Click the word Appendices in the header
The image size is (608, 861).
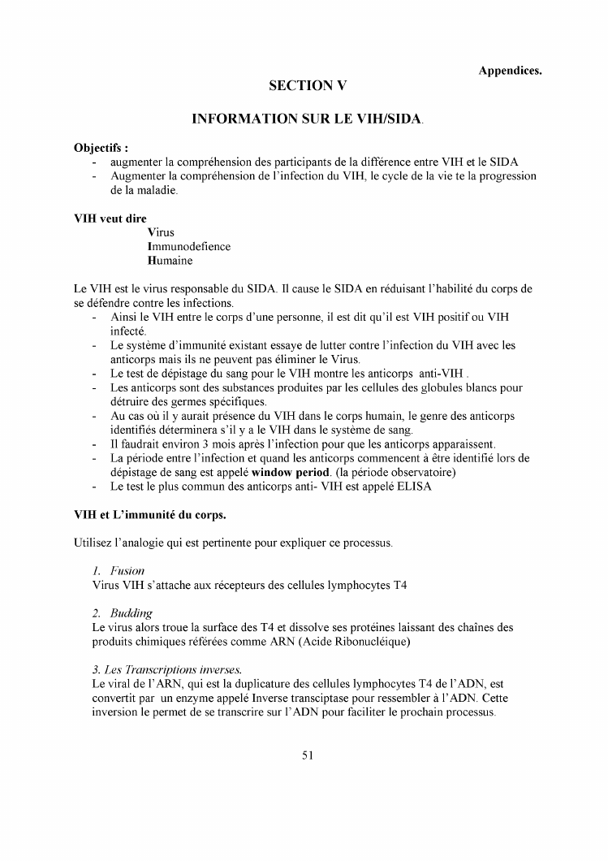(x=510, y=71)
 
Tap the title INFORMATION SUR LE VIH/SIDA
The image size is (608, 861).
(x=307, y=119)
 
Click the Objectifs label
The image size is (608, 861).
(x=101, y=149)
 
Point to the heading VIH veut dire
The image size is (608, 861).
(x=105, y=218)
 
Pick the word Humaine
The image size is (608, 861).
(x=170, y=261)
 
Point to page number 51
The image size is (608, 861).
(x=307, y=755)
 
